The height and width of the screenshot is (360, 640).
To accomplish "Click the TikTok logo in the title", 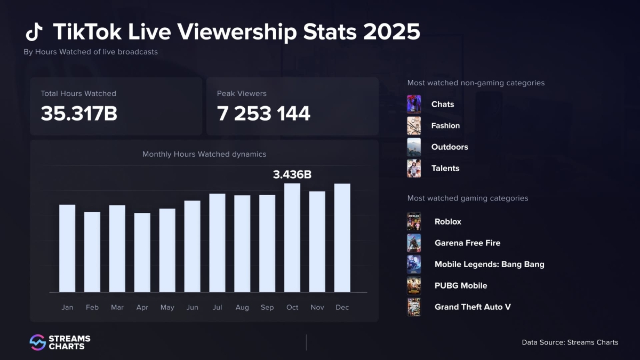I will (34, 33).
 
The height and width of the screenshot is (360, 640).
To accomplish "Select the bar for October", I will (292, 238).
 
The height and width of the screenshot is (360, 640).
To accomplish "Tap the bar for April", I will (142, 252).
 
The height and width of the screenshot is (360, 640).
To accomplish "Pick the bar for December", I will (342, 238).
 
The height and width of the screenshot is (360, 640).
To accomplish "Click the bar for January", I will (67, 249).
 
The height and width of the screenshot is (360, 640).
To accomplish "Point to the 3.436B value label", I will (292, 174).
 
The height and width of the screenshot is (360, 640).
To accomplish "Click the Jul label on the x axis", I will (217, 307).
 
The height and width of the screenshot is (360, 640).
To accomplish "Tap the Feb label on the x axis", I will (92, 307).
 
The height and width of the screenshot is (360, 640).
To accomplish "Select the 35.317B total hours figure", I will (79, 114).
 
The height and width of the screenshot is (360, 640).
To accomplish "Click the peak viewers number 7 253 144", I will (263, 114).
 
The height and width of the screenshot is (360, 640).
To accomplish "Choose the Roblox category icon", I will (414, 222).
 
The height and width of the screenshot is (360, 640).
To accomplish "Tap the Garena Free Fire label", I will (467, 243).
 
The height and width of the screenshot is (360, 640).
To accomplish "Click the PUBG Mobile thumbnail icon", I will (414, 286).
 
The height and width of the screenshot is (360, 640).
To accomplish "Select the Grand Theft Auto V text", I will (473, 307).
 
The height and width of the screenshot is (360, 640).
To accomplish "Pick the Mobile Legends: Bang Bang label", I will (489, 264).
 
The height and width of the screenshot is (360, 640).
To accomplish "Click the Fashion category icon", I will (414, 126).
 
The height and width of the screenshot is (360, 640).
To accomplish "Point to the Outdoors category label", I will (450, 147).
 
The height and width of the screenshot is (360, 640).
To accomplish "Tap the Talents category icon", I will (414, 169).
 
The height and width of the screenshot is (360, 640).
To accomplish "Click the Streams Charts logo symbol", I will (37, 342).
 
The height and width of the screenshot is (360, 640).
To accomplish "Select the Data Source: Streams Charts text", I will (570, 342).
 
